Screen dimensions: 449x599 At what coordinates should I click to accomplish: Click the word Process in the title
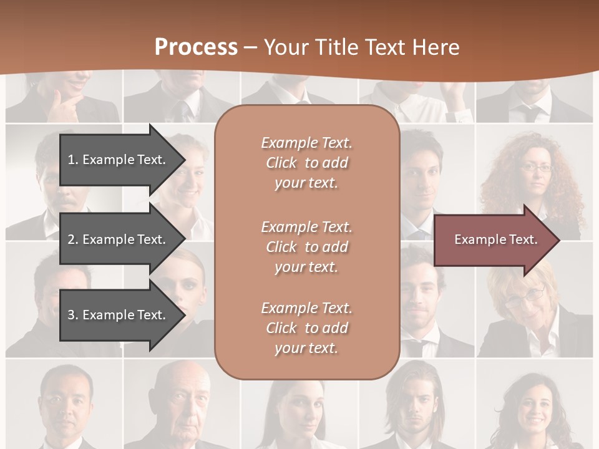196,47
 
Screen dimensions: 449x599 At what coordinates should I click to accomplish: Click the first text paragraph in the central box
306,163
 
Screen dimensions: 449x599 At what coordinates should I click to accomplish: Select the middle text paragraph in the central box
306,247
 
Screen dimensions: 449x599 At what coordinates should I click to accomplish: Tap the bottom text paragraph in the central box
306,328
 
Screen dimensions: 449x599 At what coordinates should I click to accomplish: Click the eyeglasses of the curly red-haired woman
536,167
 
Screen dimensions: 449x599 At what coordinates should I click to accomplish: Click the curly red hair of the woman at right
565,175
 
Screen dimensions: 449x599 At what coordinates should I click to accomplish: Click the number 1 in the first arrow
71,160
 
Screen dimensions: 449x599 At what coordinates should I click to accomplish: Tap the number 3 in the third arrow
71,315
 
